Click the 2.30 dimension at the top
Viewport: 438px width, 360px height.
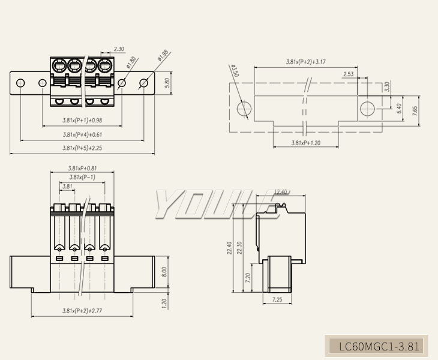119,49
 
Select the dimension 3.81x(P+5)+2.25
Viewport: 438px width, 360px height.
82,148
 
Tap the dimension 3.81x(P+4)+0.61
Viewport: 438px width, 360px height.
82,134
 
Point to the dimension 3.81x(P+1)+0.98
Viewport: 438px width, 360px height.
82,120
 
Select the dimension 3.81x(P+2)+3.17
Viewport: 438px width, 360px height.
305,62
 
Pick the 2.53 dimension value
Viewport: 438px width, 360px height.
349,74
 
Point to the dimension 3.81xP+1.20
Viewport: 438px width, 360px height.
305,143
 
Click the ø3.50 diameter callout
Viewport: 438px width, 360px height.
235,71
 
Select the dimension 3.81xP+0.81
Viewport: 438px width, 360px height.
82,168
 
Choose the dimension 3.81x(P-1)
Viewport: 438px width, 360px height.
82,177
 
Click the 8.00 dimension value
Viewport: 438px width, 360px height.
164,272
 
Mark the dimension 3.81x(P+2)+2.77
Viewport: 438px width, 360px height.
82,310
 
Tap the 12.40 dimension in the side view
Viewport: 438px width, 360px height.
281,192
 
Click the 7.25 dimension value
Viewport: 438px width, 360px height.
277,299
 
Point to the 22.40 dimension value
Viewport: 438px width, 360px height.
229,248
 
